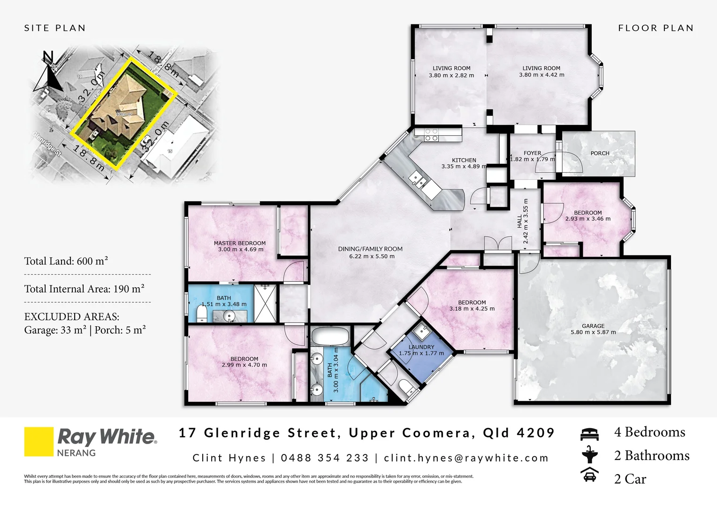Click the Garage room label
pyautogui.click(x=593, y=326)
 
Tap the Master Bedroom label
pyautogui.click(x=240, y=243)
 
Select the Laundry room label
pyautogui.click(x=421, y=347)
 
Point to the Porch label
pyautogui.click(x=600, y=153)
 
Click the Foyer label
pyautogui.click(x=532, y=153)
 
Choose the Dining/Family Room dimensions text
pyautogui.click(x=370, y=256)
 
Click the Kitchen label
pyautogui.click(x=464, y=160)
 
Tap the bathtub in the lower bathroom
pyautogui.click(x=330, y=337)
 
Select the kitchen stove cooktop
pyautogui.click(x=431, y=135)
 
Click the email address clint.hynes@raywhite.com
pyautogui.click(x=466, y=458)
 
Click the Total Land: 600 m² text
pyautogui.click(x=66, y=261)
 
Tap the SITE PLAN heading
pyautogui.click(x=55, y=28)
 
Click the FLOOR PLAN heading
pyautogui.click(x=656, y=28)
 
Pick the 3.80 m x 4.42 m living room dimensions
pyautogui.click(x=542, y=75)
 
